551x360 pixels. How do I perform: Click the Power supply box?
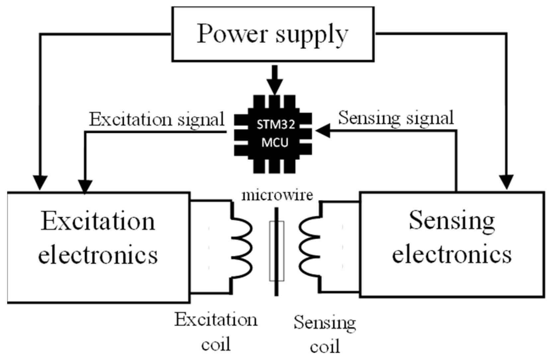tap(273, 34)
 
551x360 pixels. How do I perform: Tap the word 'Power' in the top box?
tap(231, 34)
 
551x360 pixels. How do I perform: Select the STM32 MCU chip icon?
tap(273, 134)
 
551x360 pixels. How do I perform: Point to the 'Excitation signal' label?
tap(157, 120)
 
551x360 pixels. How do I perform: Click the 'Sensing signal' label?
tap(396, 118)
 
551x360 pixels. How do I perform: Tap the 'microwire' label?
tap(277, 195)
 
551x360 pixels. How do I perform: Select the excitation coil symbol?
tap(242, 247)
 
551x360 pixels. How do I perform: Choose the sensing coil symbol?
tap(309, 247)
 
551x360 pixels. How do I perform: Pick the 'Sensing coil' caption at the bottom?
tap(325, 334)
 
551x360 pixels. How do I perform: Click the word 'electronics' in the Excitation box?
tap(98, 255)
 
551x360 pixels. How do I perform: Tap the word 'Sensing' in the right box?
tap(452, 221)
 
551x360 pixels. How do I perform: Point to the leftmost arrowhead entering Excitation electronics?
tap(40, 182)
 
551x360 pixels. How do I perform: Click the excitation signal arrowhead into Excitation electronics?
tap(85, 186)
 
